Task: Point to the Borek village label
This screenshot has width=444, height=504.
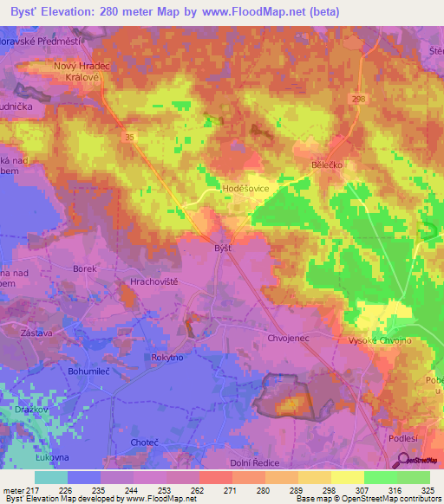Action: pyautogui.click(x=85, y=269)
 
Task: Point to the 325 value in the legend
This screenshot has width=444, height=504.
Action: pyautogui.click(x=427, y=490)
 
